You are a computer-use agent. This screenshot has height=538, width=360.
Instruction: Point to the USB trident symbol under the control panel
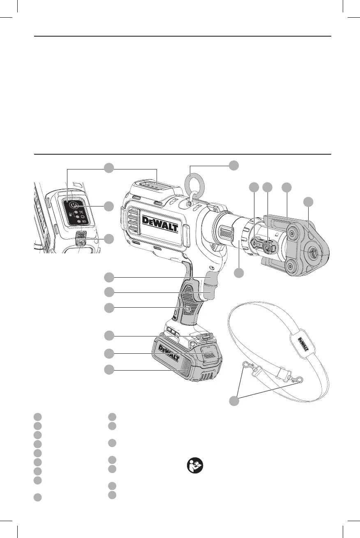click(x=81, y=243)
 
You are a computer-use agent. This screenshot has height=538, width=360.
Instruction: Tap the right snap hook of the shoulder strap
click(x=298, y=380)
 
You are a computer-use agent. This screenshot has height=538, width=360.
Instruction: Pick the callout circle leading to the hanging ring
click(x=234, y=165)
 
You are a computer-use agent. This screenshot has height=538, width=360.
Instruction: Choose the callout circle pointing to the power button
click(x=108, y=206)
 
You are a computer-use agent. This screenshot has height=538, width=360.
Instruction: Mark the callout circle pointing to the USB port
click(x=108, y=239)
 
